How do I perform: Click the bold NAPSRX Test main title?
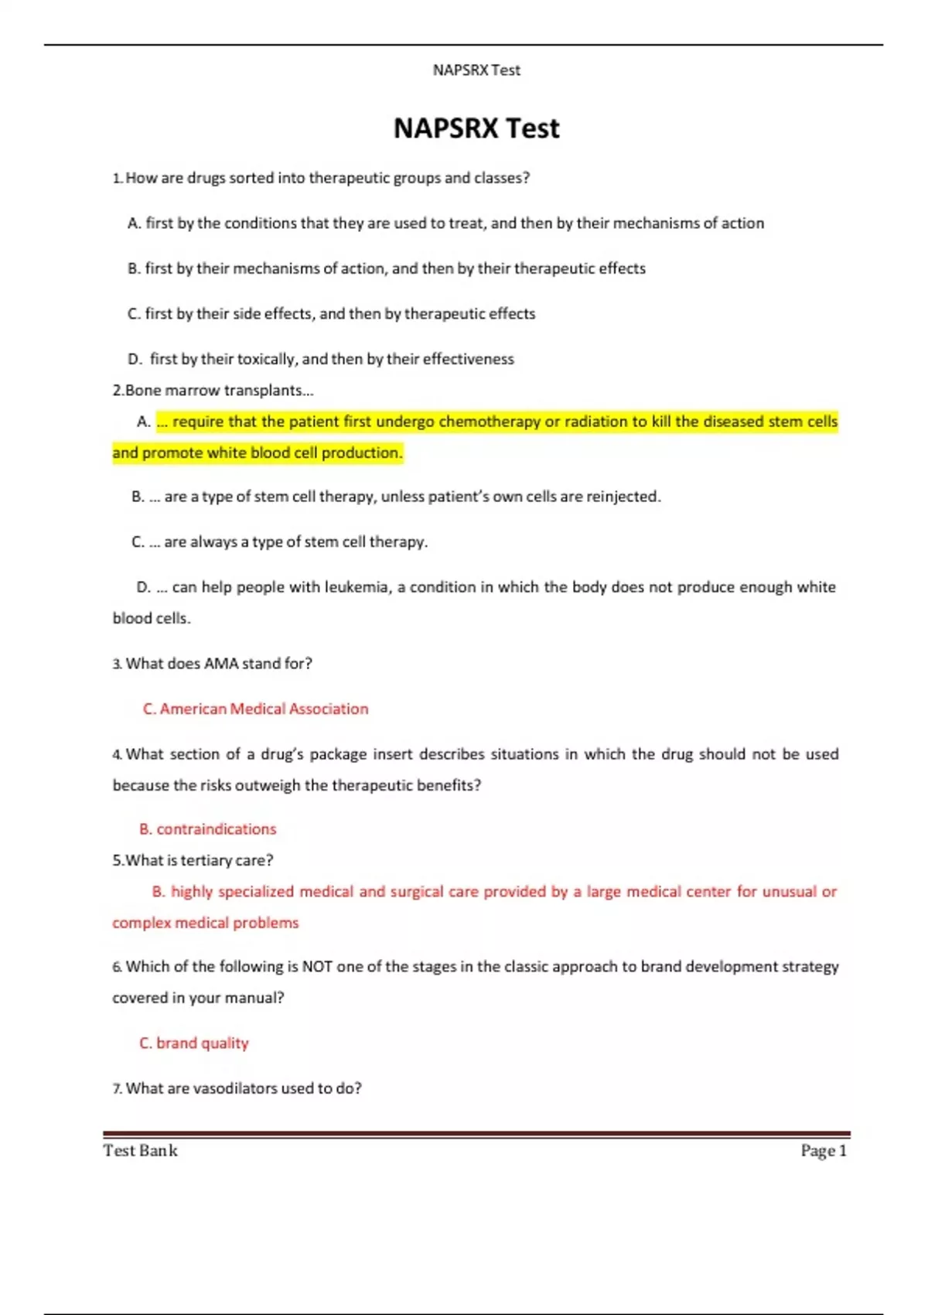(x=476, y=128)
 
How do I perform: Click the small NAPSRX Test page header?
(x=476, y=70)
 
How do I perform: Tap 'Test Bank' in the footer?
(x=140, y=1151)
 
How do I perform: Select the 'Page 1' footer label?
(x=824, y=1151)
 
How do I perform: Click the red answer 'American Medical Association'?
(x=264, y=709)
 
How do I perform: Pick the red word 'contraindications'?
(x=216, y=829)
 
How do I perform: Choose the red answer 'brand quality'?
(x=202, y=1043)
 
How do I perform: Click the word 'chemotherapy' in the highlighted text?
(x=490, y=422)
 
